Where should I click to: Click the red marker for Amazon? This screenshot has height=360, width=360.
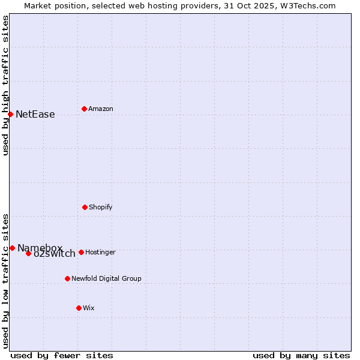tap(84, 109)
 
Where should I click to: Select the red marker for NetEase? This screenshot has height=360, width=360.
tap(10, 114)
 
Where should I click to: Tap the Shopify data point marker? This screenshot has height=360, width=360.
tap(85, 207)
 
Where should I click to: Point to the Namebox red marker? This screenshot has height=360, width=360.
tap(12, 248)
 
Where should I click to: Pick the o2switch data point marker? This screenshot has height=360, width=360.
tap(28, 253)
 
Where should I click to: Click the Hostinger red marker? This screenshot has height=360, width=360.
tap(81, 252)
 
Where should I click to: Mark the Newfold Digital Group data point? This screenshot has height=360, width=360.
tap(67, 278)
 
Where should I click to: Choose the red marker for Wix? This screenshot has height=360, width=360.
tap(79, 308)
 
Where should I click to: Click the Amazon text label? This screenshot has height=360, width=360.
tap(101, 109)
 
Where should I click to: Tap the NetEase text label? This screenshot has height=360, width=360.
tap(35, 115)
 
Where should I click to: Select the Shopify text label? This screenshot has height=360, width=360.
tap(101, 208)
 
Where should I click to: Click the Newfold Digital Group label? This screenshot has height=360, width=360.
tap(106, 279)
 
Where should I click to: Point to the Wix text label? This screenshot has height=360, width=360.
tap(89, 308)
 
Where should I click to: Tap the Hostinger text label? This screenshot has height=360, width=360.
tap(100, 253)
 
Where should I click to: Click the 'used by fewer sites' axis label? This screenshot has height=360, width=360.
tap(62, 355)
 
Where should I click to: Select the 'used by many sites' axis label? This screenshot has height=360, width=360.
tap(301, 355)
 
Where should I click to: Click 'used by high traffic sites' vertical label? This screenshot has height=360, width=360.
tap(5, 85)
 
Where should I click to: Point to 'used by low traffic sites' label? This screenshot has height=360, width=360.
tap(5, 281)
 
